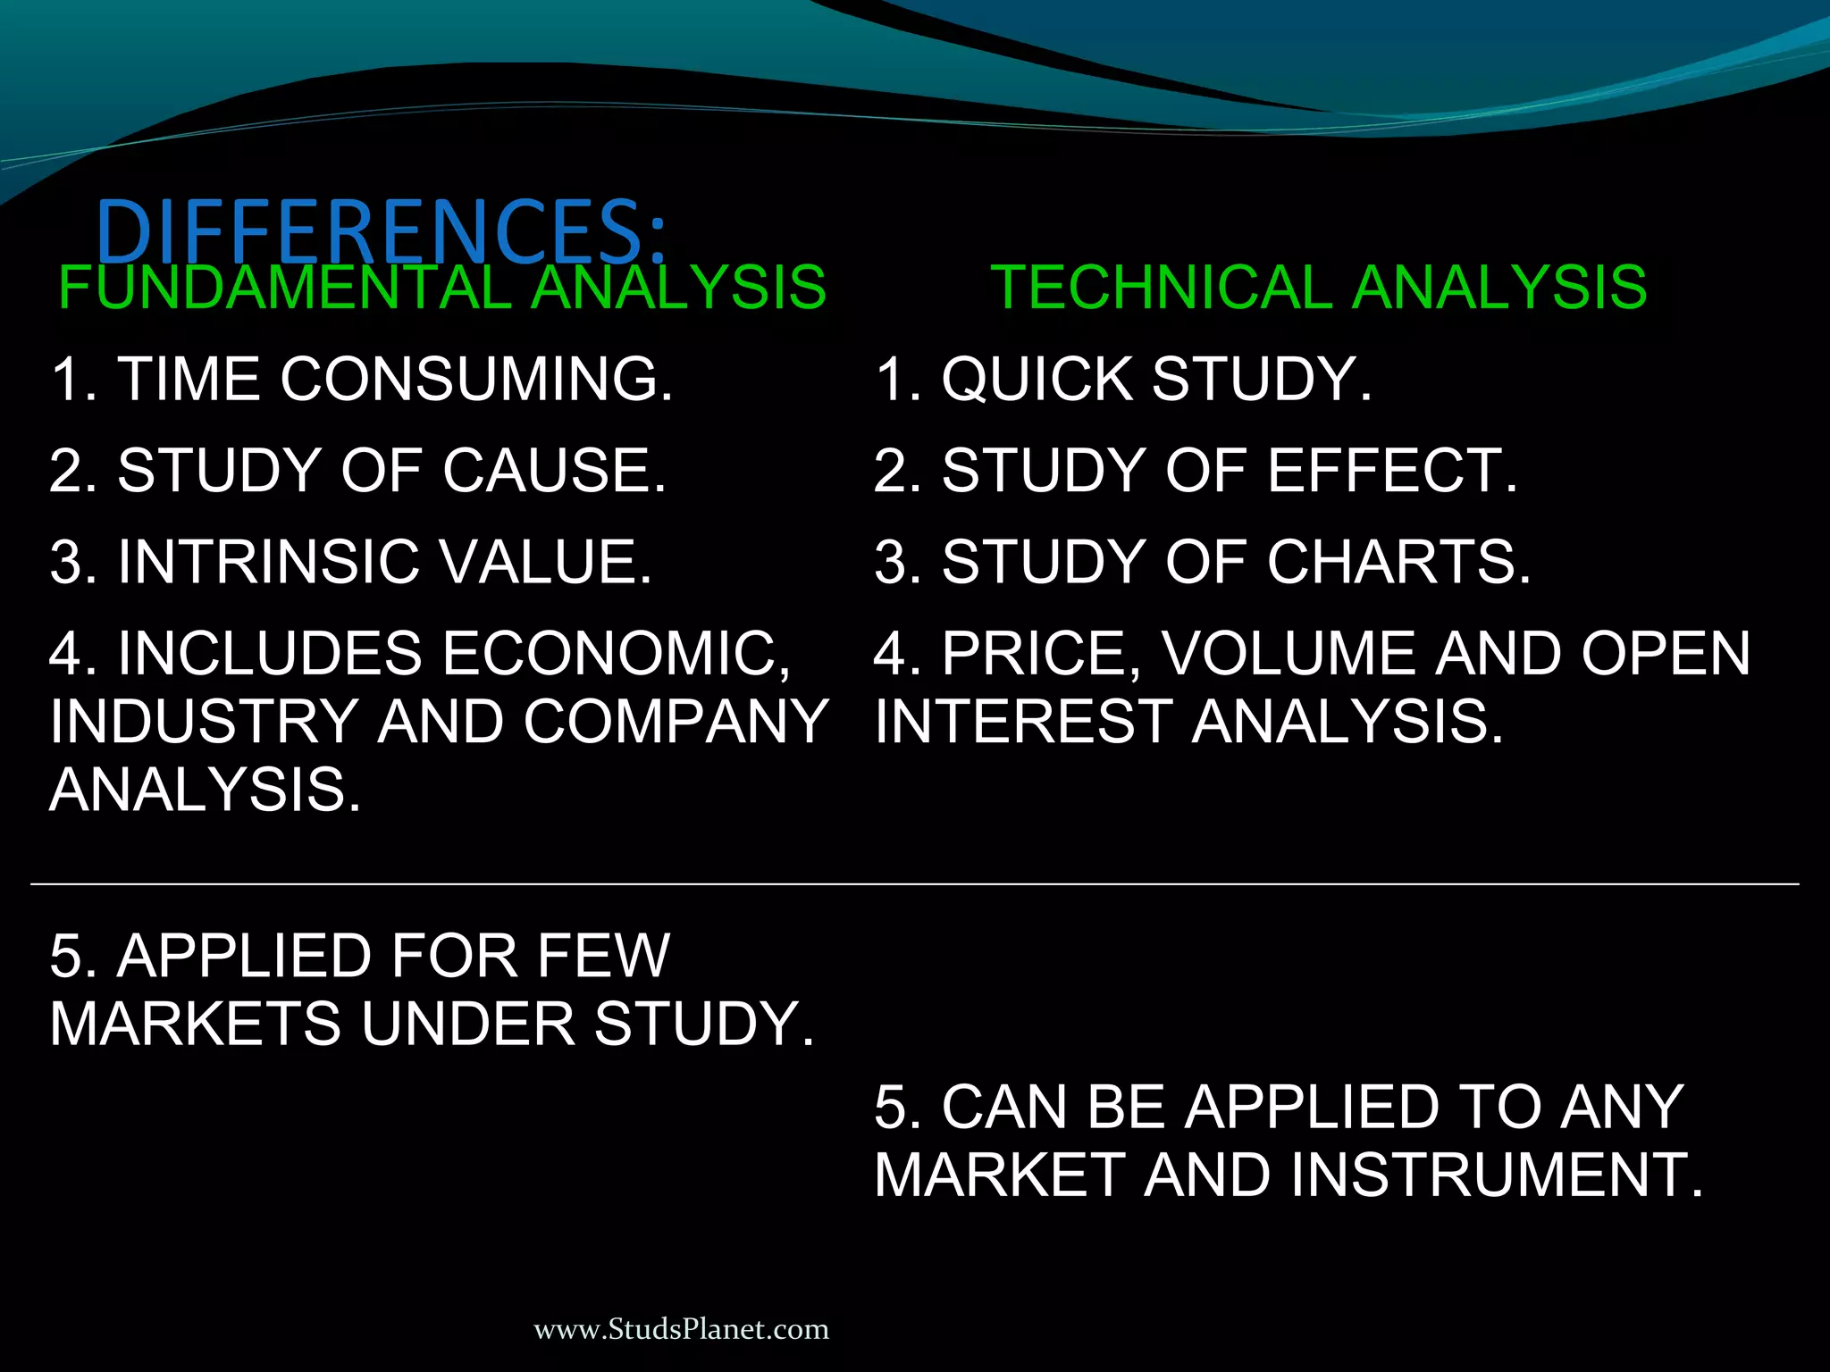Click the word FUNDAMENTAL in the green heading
click(x=284, y=288)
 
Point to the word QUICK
click(x=1037, y=379)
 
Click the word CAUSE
click(x=554, y=471)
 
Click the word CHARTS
click(x=1398, y=562)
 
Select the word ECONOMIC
click(x=617, y=654)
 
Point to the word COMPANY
click(x=676, y=722)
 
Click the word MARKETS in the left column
click(x=195, y=1024)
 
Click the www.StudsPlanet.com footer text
click(x=681, y=1329)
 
